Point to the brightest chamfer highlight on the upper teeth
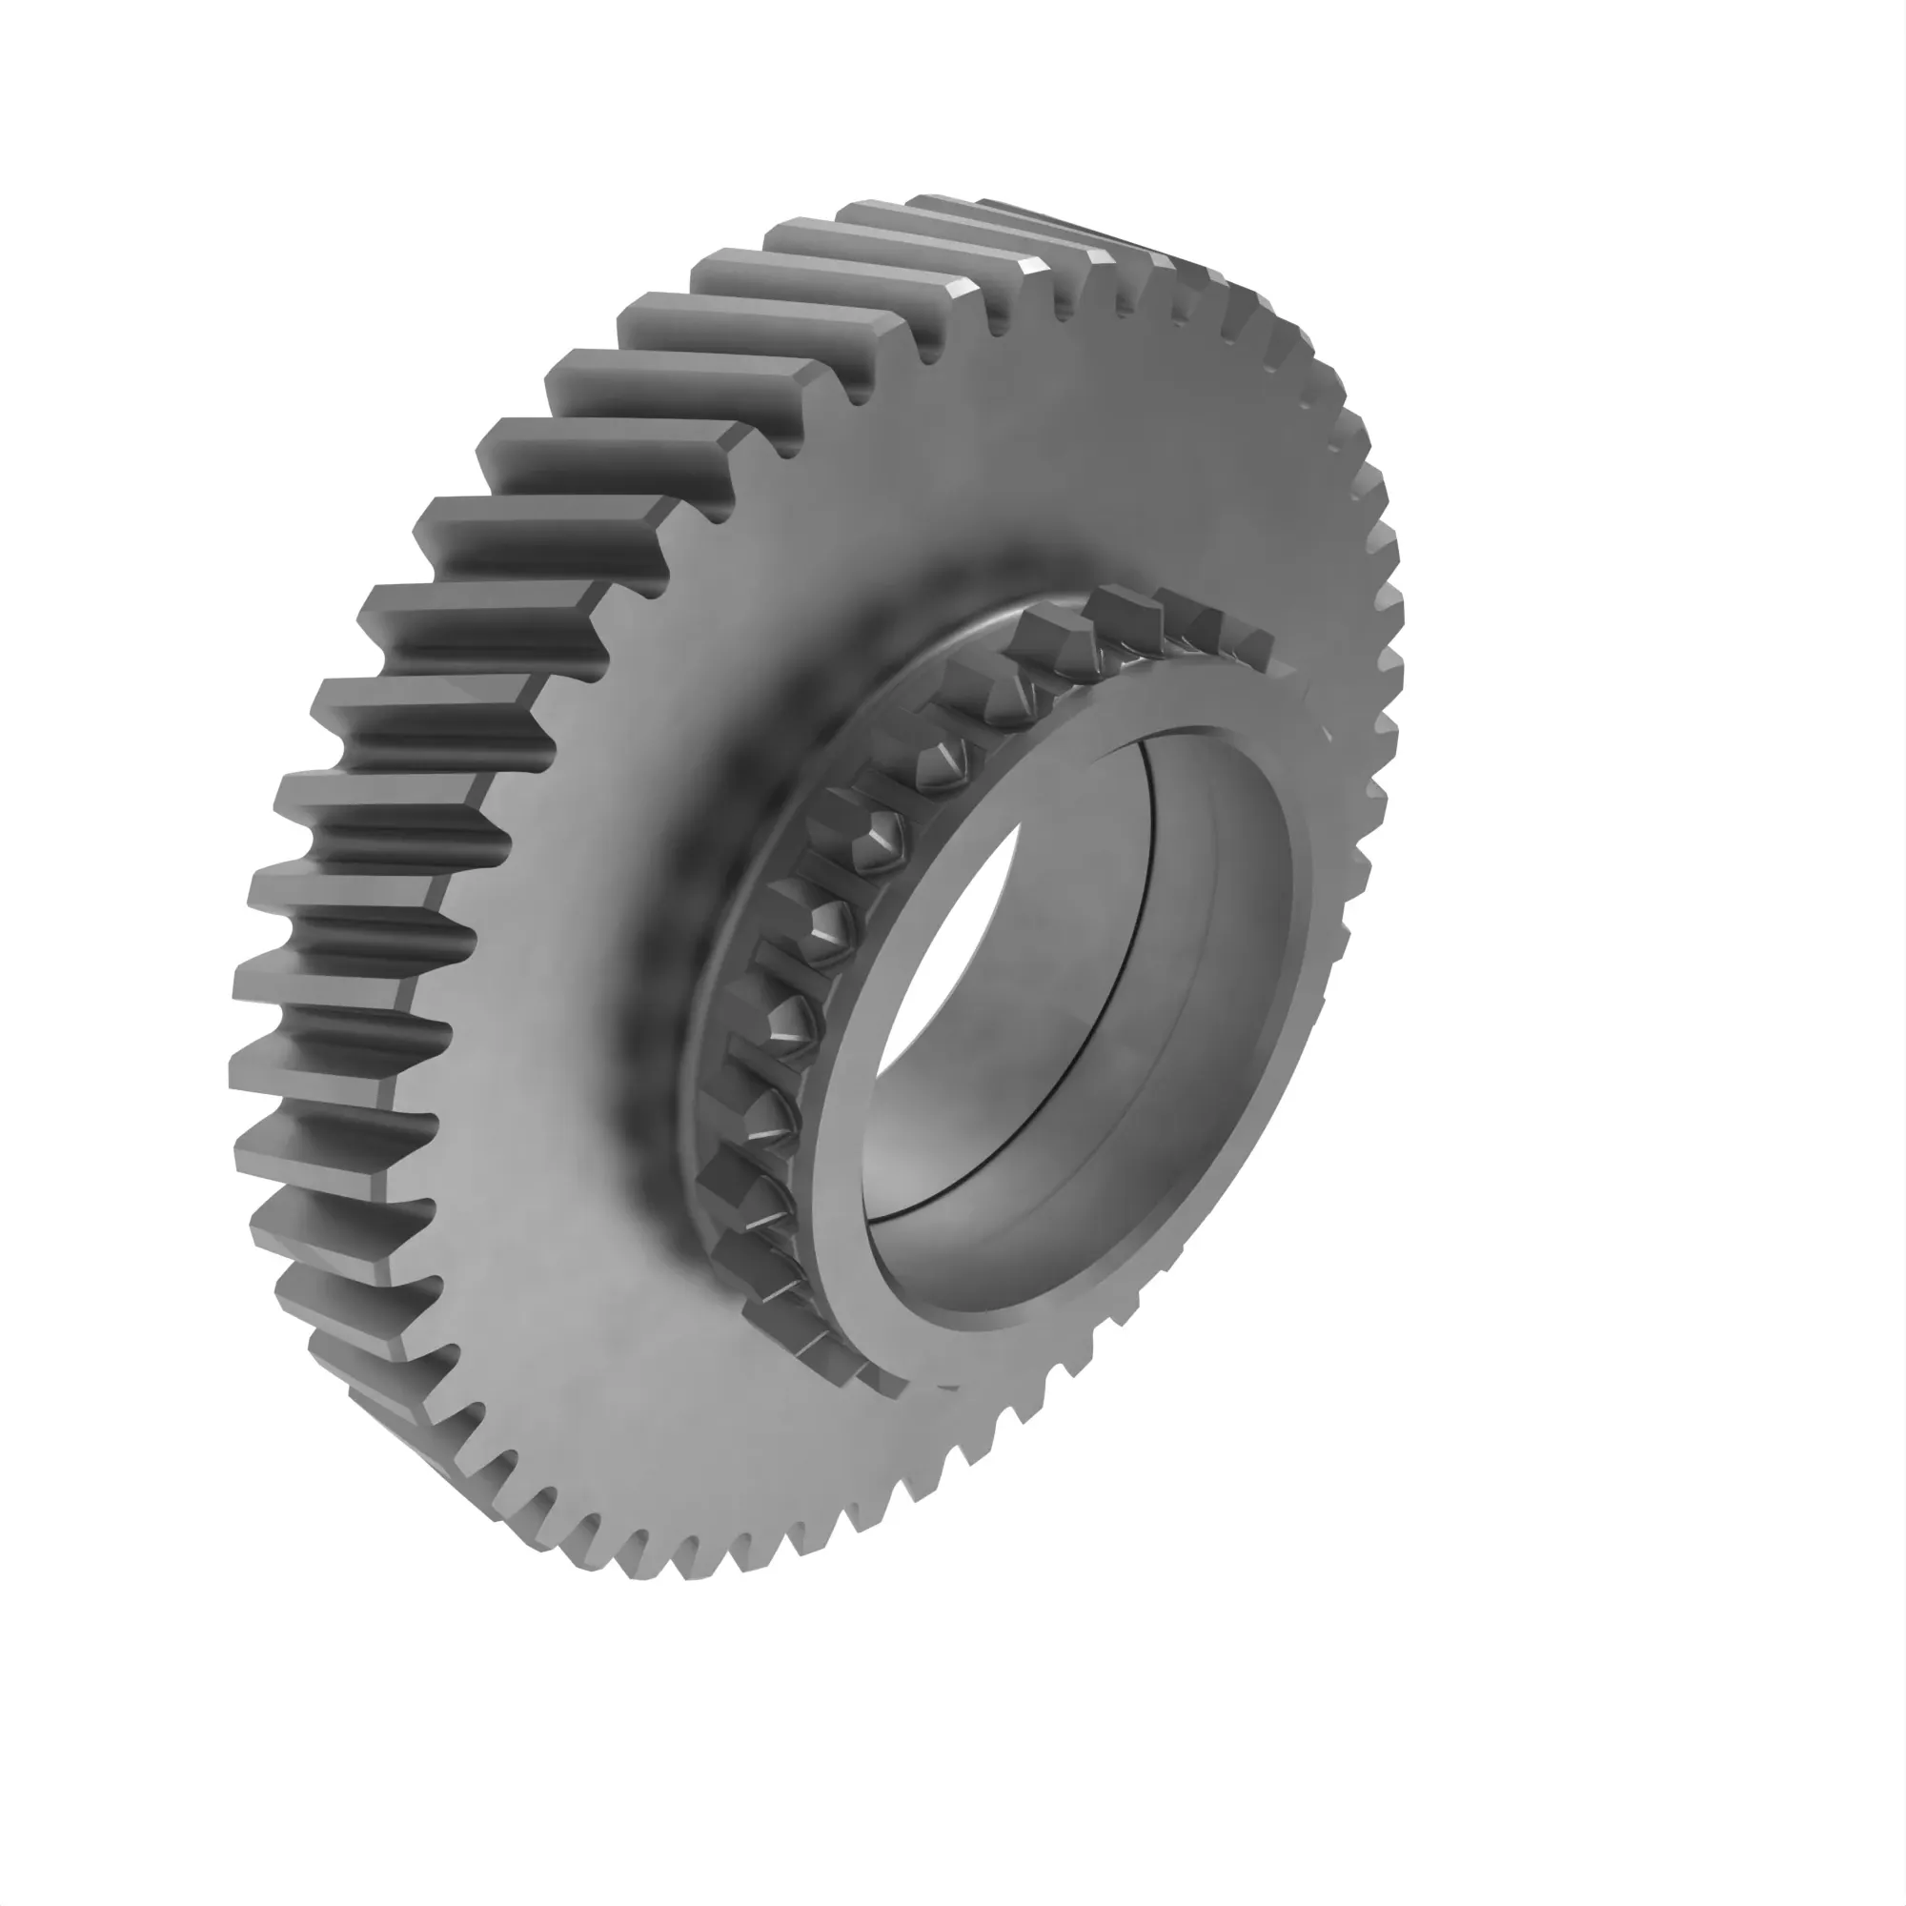click(962, 292)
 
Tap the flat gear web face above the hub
click(1036, 444)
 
